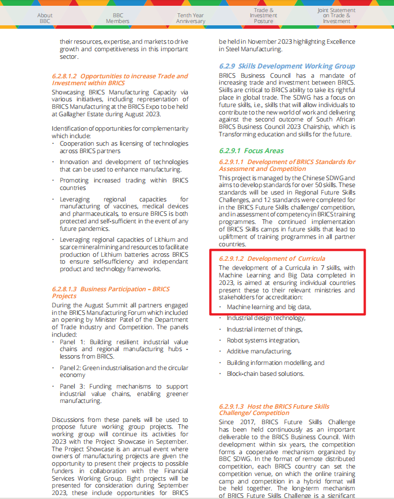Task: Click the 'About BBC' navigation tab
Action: pos(45,18)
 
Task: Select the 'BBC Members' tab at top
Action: pos(118,18)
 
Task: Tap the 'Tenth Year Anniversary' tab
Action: pos(191,18)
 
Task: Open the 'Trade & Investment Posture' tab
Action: pos(264,16)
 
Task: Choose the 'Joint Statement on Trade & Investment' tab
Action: pos(336,16)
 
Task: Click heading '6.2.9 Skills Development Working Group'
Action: pos(287,66)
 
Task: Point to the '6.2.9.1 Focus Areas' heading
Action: pos(251,150)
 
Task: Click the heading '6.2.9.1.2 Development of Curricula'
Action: pos(272,258)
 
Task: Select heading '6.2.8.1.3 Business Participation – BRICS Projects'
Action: pos(111,292)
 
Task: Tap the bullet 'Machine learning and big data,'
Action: pos(268,307)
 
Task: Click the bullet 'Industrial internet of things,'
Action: pos(264,329)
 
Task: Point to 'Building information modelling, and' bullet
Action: pos(275,363)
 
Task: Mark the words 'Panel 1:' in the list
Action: pos(72,341)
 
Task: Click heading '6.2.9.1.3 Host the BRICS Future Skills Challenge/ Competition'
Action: pos(282,409)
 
